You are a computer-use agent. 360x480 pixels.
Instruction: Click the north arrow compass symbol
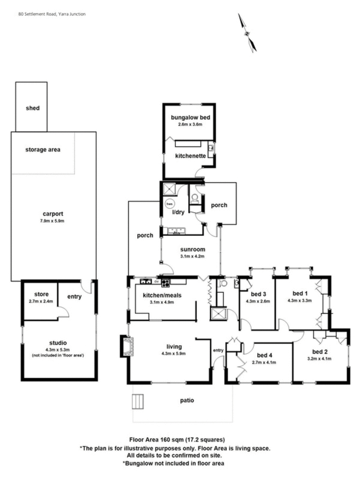click(247, 33)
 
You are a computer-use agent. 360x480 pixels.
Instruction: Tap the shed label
click(32, 108)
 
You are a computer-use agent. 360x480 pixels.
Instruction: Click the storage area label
click(43, 149)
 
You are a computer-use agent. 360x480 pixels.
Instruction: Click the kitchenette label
click(190, 156)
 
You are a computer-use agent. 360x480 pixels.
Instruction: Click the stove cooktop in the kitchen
click(166, 283)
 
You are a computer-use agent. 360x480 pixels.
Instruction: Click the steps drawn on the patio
click(138, 401)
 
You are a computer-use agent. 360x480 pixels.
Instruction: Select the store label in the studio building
click(35, 294)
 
